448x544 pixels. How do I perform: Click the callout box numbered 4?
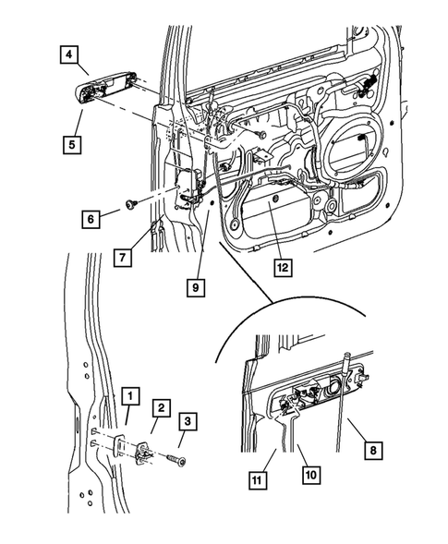70,55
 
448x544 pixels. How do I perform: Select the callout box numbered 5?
70,143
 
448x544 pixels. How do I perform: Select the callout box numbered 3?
188,423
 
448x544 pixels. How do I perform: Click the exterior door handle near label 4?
102,92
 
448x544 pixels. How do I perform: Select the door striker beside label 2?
146,452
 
